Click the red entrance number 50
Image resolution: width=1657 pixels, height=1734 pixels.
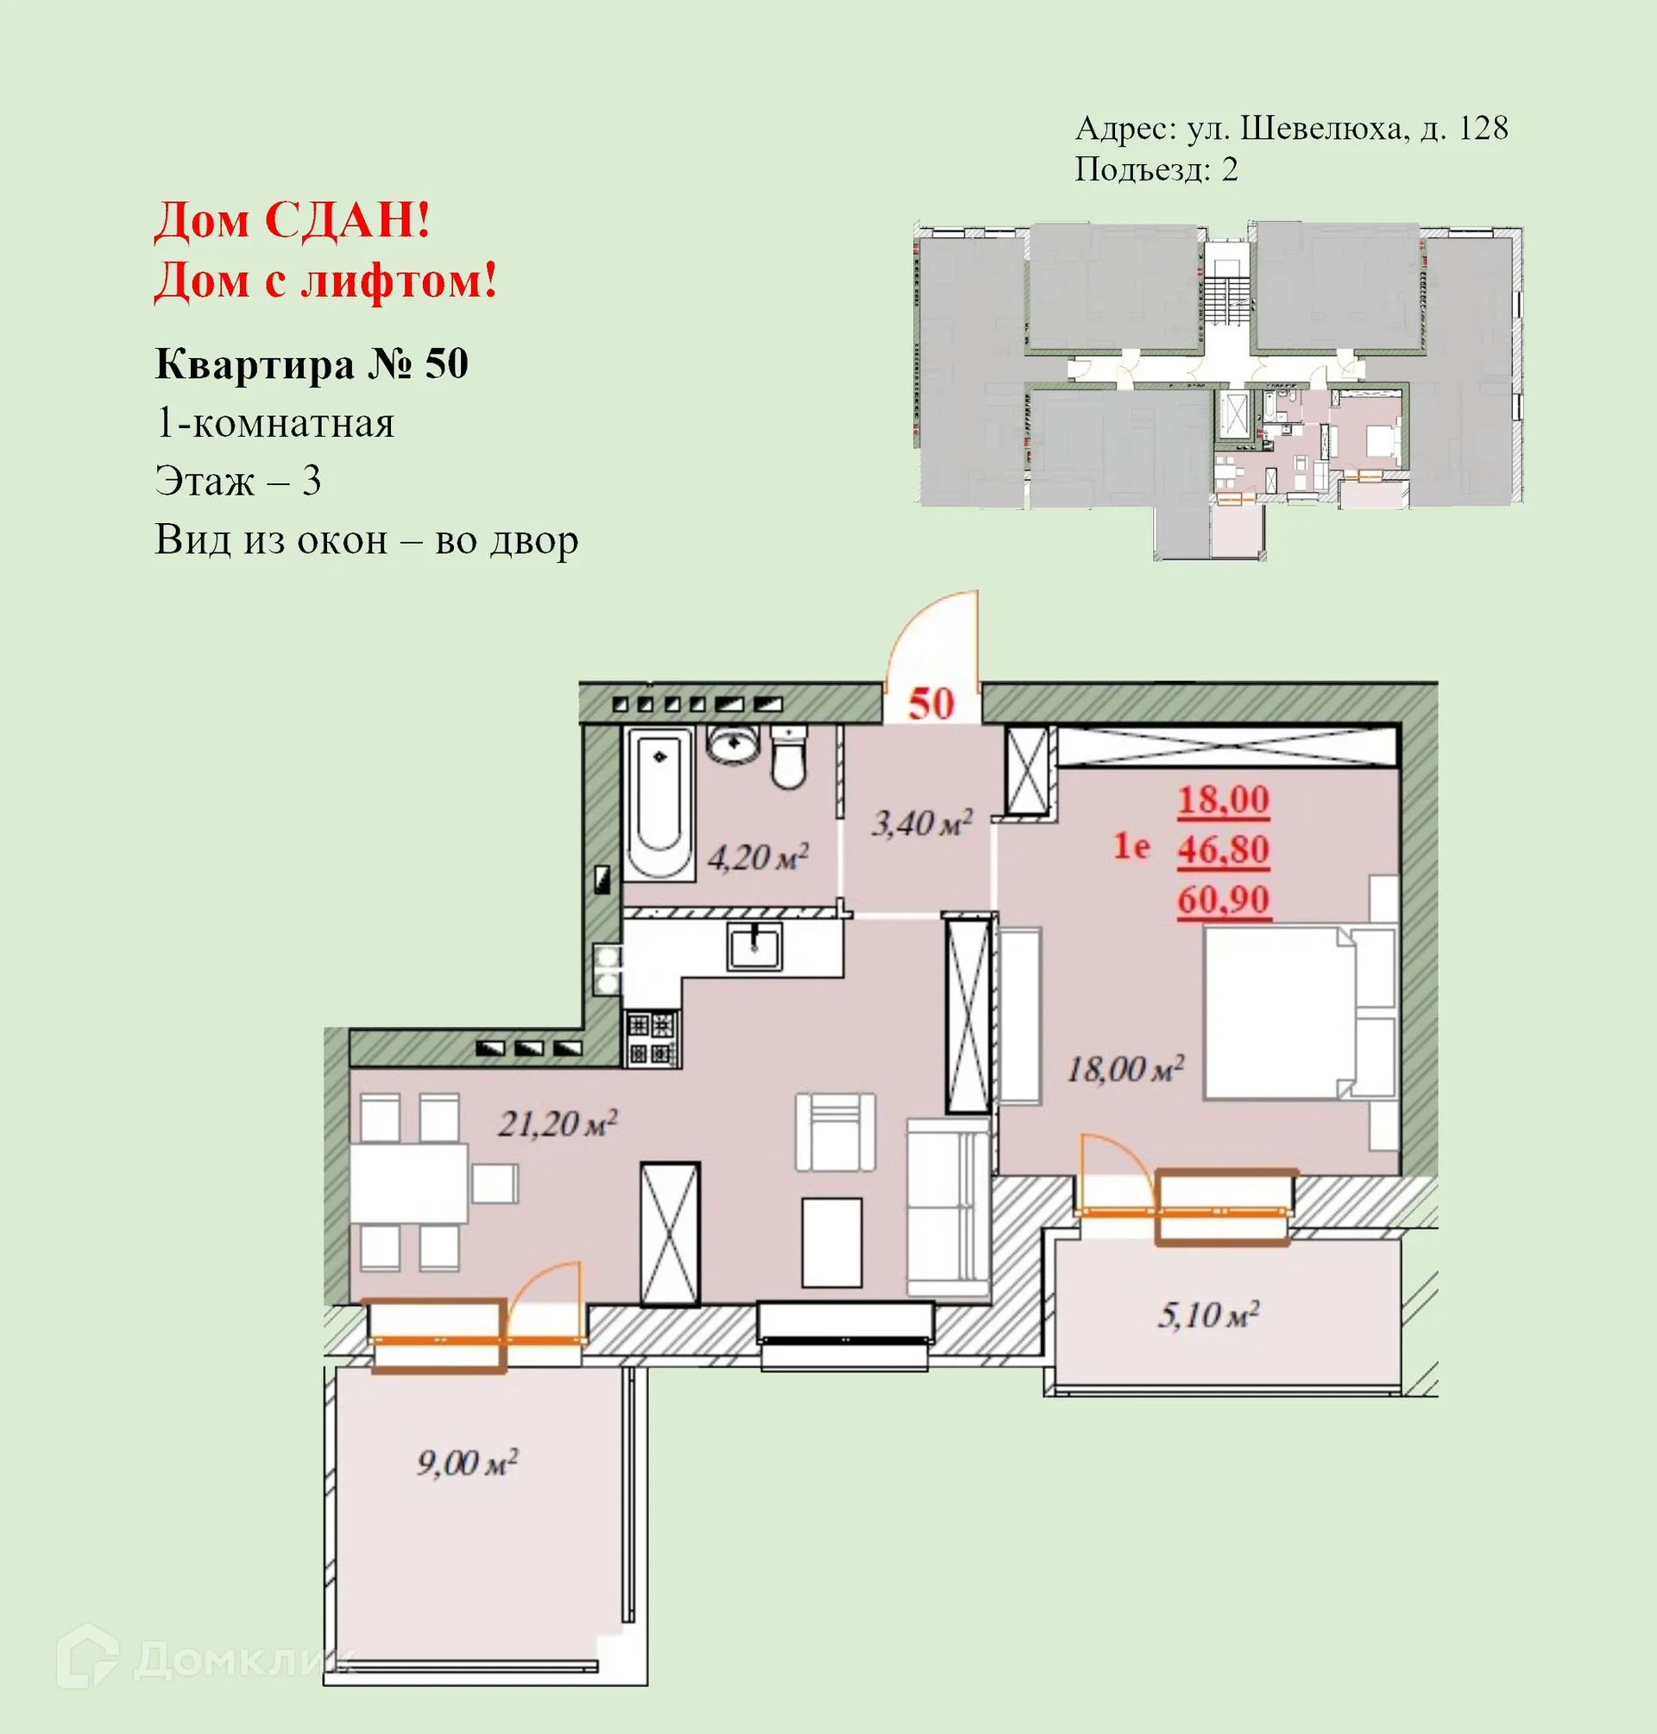point(931,704)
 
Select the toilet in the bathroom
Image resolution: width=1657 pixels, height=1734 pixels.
point(788,758)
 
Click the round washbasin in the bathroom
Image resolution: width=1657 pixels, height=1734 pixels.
point(732,746)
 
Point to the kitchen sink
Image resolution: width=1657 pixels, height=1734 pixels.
point(754,946)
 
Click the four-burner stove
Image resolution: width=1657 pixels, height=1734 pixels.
point(652,1039)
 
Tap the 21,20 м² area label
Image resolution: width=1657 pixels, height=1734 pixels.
point(558,1124)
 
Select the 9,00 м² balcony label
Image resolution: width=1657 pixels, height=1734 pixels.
point(466,1463)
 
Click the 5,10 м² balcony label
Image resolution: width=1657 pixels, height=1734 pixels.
point(1207,1315)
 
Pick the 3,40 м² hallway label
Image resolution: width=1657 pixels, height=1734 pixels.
point(921,823)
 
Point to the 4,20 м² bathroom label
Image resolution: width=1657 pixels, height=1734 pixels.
point(758,857)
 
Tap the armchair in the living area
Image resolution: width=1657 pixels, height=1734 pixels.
point(835,1132)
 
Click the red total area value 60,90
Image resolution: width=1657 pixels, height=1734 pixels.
point(1222,900)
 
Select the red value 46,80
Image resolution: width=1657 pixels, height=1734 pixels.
point(1222,850)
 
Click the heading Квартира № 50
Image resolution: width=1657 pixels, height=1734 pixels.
point(311,364)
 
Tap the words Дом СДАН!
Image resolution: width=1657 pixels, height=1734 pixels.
point(292,220)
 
